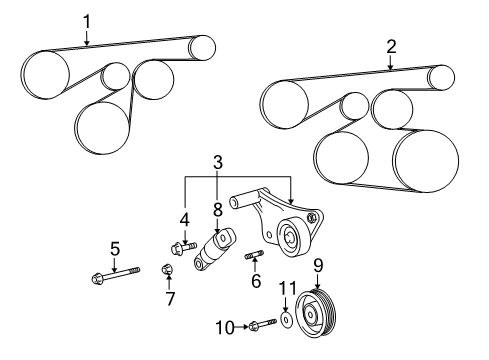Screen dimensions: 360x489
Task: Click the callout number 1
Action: (x=86, y=19)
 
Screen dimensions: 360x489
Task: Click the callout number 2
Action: (x=391, y=45)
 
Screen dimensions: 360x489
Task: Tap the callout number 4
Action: (x=184, y=218)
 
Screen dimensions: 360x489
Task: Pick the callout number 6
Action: (x=254, y=284)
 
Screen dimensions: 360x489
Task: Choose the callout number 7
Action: (x=170, y=298)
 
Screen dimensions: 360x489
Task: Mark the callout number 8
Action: (x=216, y=211)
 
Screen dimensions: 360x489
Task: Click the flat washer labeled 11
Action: (x=287, y=320)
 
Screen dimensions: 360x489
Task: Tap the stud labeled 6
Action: (x=254, y=257)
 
